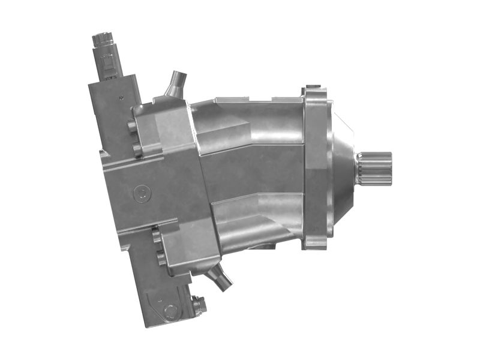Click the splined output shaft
tap(374, 169)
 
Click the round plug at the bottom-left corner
tap(170, 311)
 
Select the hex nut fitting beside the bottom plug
tap(199, 305)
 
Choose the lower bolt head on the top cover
tap(137, 148)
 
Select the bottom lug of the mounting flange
tap(315, 244)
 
